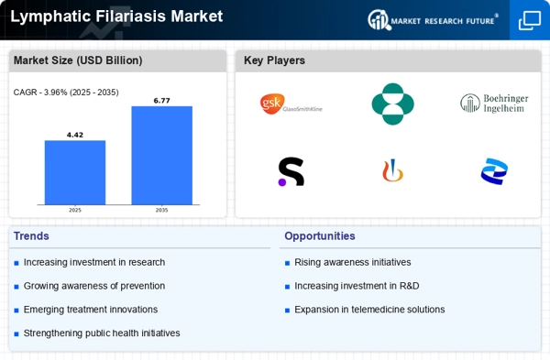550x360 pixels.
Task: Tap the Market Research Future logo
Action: coord(433,19)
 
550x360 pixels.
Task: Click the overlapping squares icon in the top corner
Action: coord(529,20)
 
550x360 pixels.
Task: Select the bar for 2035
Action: coord(161,155)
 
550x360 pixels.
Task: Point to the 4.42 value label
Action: coord(75,135)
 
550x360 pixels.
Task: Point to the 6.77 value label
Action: coord(161,101)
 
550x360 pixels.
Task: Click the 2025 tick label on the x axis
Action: coord(75,210)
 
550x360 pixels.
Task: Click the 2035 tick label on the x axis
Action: coord(161,210)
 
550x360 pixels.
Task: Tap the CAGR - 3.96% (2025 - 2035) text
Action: coord(66,92)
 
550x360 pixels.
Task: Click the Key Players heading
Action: coord(274,60)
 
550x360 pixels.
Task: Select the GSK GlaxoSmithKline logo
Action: coord(291,104)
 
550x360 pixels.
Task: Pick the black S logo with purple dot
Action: coord(291,171)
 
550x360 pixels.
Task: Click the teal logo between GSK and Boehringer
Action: coord(392,104)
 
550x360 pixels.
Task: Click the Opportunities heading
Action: coord(319,236)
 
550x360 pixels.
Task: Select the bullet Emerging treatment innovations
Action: coord(90,310)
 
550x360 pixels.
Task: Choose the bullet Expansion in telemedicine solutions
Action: coord(368,310)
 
